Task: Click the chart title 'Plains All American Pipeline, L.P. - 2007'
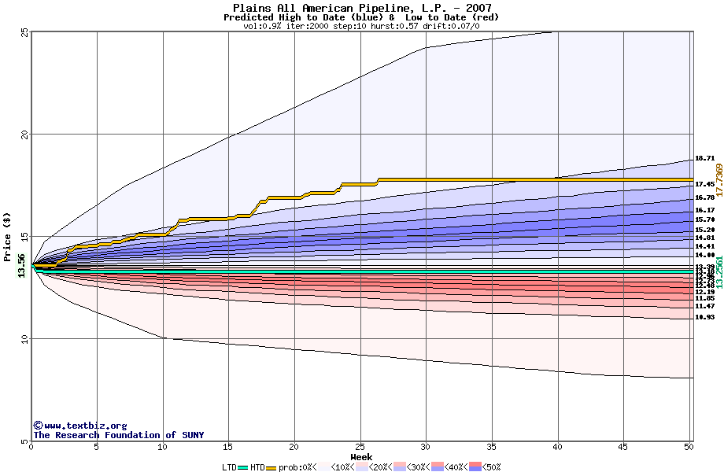click(x=362, y=8)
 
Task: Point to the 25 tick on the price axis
click(x=24, y=32)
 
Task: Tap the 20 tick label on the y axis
click(x=24, y=135)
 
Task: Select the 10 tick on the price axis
click(x=24, y=339)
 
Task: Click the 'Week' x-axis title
click(x=361, y=457)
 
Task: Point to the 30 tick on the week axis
click(x=426, y=448)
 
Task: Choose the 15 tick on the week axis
click(x=228, y=448)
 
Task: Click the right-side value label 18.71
click(x=704, y=158)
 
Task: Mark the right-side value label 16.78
click(x=704, y=197)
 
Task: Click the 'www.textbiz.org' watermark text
click(x=79, y=426)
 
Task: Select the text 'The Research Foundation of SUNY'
click(x=118, y=435)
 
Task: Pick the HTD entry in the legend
click(x=257, y=467)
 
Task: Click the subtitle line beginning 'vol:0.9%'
click(x=362, y=26)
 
